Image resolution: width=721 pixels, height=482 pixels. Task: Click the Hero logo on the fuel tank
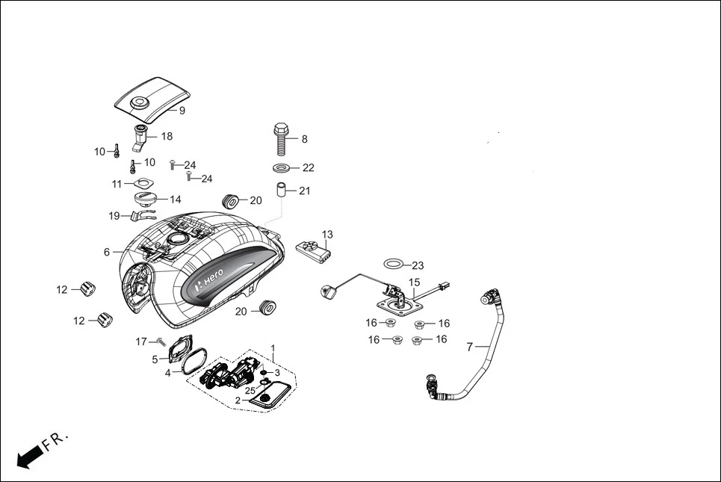209,277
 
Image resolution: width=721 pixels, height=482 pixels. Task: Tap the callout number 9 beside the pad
182,111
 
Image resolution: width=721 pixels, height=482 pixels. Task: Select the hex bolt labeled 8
282,138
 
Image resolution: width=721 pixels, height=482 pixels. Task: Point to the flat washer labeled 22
283,167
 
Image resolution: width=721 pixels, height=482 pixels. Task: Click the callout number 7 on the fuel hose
469,347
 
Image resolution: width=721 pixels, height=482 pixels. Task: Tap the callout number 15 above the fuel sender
414,283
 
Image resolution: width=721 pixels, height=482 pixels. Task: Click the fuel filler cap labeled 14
144,200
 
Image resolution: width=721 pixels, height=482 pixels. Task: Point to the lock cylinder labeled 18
142,137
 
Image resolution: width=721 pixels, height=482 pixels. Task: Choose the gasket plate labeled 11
139,183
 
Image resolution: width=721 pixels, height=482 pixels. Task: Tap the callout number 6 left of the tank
107,253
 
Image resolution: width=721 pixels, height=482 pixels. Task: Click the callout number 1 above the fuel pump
273,348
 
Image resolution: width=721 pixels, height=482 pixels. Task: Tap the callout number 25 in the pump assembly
250,391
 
